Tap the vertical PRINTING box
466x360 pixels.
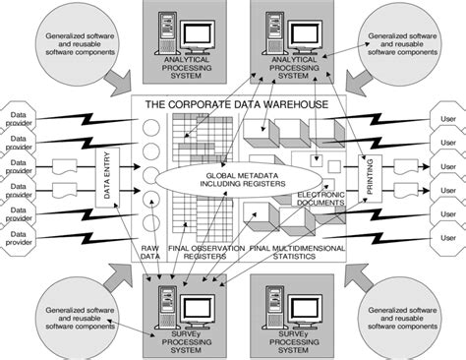[x=371, y=178]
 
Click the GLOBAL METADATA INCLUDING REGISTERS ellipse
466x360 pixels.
[x=234, y=178]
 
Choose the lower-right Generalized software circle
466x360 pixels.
[x=400, y=317]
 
